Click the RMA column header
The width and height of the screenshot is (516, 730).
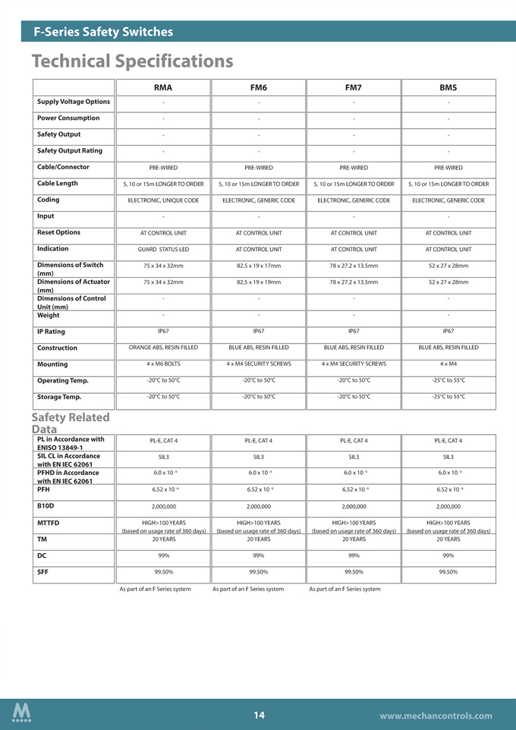point(162,87)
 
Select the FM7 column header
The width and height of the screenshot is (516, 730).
point(353,87)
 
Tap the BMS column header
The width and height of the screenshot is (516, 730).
point(448,87)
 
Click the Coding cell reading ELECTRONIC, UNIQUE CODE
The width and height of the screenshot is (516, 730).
point(162,200)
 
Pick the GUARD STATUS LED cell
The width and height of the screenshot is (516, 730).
point(162,249)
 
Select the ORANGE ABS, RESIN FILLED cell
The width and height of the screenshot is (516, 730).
point(162,348)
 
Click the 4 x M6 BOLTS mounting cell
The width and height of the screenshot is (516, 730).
point(162,363)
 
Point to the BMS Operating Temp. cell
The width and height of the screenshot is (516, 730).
point(448,380)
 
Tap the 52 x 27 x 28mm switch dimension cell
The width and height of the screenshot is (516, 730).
point(448,266)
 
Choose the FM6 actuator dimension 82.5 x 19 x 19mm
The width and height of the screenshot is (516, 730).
point(258,282)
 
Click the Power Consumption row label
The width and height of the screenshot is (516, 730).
point(68,118)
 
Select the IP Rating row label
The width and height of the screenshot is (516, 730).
point(51,332)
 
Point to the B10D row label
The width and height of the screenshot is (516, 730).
point(46,505)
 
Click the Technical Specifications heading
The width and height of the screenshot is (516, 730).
point(132,61)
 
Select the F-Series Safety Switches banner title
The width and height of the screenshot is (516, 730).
point(103,32)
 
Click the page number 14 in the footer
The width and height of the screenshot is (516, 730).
point(259,715)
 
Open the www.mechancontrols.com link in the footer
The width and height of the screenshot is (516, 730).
point(436,716)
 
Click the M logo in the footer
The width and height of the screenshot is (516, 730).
point(22,714)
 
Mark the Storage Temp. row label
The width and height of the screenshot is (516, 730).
point(58,397)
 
